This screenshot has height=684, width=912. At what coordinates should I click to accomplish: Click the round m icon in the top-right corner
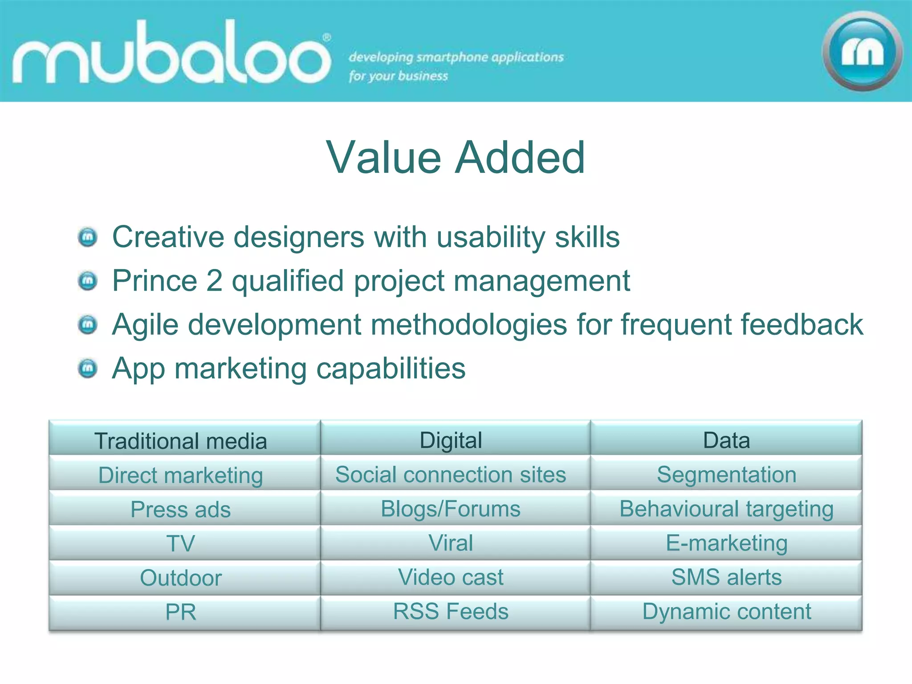862,52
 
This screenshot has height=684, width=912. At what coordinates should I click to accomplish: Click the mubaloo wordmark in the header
171,53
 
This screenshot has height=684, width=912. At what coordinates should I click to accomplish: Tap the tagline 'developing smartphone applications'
456,57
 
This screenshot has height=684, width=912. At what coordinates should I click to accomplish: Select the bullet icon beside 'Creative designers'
88,237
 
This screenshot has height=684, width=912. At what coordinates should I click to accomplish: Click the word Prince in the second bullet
155,281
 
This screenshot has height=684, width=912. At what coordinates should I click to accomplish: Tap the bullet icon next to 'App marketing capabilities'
88,369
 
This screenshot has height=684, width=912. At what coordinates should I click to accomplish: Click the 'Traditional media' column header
181,441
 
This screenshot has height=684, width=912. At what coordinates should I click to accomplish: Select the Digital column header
451,440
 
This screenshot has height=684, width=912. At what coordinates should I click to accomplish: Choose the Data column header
726,440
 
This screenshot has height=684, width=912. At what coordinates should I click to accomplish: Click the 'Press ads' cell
181,509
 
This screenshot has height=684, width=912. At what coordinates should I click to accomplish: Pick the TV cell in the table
181,543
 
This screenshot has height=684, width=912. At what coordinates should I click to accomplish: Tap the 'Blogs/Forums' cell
451,509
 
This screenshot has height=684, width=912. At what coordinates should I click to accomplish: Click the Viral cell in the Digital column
451,543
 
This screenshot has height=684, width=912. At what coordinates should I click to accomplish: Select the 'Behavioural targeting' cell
726,509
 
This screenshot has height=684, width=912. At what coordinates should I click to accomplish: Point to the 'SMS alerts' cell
726,577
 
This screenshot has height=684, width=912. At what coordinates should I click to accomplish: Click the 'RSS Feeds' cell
451,611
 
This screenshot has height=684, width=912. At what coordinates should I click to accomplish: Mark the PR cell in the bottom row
181,612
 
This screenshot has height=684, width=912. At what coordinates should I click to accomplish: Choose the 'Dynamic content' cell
726,611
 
